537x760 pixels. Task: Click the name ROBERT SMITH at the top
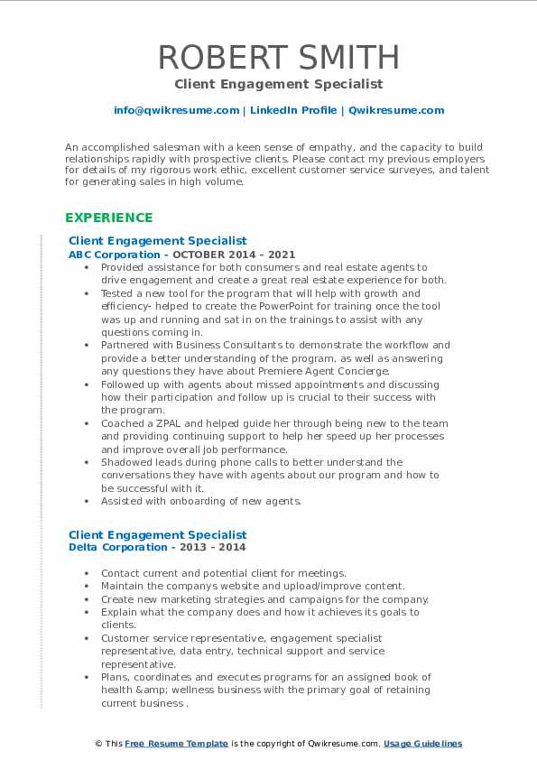click(x=279, y=57)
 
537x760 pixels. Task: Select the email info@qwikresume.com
click(x=176, y=110)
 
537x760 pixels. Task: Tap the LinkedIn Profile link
click(x=281, y=110)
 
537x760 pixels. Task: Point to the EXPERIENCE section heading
click(x=109, y=218)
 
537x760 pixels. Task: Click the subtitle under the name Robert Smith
click(x=279, y=84)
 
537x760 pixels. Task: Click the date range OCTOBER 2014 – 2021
click(x=237, y=255)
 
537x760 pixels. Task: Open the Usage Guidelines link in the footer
click(x=422, y=744)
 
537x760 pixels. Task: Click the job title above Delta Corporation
click(x=157, y=534)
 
